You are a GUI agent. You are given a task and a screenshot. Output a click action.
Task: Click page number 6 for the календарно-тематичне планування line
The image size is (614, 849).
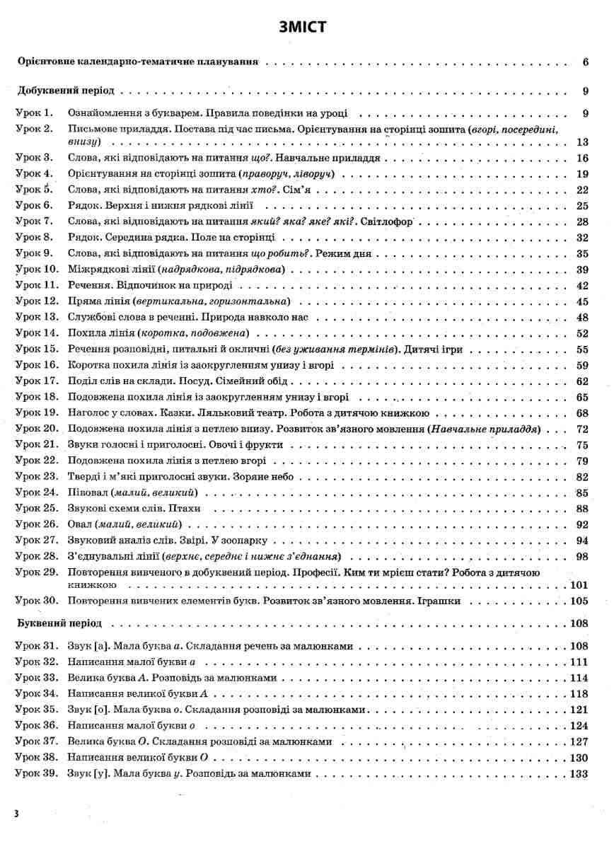(x=586, y=62)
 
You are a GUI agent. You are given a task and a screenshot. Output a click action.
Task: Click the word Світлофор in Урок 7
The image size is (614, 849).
(x=386, y=222)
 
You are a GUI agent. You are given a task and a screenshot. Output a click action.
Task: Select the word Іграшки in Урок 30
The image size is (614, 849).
(x=444, y=601)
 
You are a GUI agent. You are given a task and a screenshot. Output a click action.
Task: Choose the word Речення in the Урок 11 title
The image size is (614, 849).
(x=87, y=286)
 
